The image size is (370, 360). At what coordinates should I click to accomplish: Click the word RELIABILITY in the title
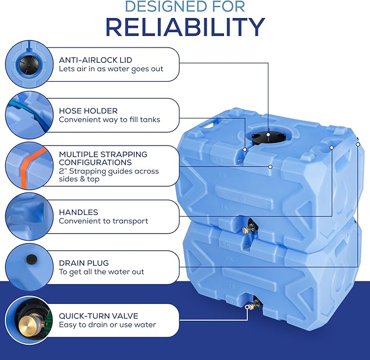point(185,27)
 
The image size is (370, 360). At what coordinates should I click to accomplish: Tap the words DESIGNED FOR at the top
point(185,7)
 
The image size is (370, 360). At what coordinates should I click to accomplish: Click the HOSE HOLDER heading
point(88,110)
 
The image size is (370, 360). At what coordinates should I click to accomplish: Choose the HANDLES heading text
point(78,212)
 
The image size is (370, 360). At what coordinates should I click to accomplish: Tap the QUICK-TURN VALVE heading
point(98,315)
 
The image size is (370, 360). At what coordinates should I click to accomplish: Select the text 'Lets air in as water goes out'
point(111,69)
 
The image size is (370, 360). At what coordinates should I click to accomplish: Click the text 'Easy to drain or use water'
point(107,325)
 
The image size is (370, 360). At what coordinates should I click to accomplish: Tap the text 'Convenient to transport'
point(104,221)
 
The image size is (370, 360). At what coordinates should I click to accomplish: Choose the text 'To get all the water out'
point(101,272)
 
